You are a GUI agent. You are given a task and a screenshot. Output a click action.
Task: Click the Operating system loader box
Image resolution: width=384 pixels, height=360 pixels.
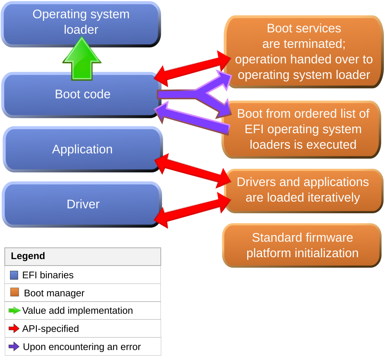coord(81,24)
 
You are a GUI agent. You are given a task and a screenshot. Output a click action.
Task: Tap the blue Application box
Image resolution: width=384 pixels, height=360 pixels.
coord(82,149)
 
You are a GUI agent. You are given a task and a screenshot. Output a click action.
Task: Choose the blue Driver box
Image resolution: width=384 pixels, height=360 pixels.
coord(82,204)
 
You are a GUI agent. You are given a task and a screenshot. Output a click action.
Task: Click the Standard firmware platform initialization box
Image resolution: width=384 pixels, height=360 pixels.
coord(302,245)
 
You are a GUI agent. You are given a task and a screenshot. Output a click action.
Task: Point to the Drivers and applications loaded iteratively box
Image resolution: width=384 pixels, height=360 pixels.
coord(303,190)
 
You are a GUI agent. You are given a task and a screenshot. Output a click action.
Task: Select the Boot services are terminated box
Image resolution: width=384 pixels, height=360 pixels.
coord(304,52)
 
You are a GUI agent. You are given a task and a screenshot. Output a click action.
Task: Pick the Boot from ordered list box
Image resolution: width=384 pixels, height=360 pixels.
coord(302,130)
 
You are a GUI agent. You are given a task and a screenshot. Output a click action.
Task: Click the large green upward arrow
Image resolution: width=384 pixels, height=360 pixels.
coord(82,59)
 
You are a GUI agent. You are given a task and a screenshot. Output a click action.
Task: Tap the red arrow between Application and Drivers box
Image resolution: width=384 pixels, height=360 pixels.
coord(193,171)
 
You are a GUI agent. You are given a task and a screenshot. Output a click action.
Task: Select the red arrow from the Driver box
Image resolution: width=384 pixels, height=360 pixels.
coord(192,210)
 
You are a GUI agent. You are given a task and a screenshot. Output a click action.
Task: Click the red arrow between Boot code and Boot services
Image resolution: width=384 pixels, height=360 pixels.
coord(192,69)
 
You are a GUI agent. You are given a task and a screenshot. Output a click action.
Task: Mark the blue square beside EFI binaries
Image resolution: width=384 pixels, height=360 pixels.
coord(14,275)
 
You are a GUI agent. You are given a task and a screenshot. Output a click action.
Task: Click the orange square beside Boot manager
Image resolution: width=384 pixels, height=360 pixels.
coord(15,292)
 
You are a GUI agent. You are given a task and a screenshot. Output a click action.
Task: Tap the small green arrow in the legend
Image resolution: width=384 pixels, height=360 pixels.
coord(15,310)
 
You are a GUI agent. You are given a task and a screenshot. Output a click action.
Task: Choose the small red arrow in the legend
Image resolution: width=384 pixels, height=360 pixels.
coord(14,328)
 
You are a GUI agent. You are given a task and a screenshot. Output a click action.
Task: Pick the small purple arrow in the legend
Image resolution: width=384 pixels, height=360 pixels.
coord(14,346)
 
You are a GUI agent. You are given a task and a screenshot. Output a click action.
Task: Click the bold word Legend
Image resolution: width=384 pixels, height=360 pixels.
coord(28,256)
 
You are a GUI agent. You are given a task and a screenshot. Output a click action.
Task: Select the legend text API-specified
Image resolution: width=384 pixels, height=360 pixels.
coord(50,329)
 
